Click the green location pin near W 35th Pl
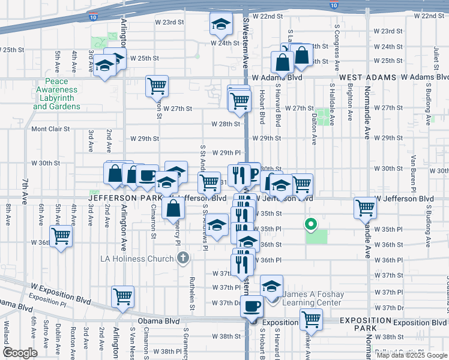[310, 225]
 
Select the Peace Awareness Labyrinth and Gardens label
[56, 94]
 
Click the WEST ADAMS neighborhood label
[367, 77]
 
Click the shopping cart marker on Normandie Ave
[365, 208]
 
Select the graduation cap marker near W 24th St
[220, 25]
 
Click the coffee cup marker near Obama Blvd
[252, 306]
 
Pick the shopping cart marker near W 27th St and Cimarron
[157, 86]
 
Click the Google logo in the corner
[20, 353]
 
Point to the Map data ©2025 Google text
[412, 355]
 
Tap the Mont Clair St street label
[50, 128]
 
